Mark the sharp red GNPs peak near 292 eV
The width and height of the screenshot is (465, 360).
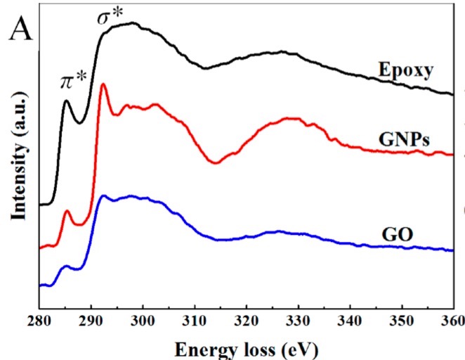(103, 84)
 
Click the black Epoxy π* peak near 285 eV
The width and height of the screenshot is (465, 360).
(67, 101)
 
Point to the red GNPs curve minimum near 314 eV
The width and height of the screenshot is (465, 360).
(216, 163)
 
